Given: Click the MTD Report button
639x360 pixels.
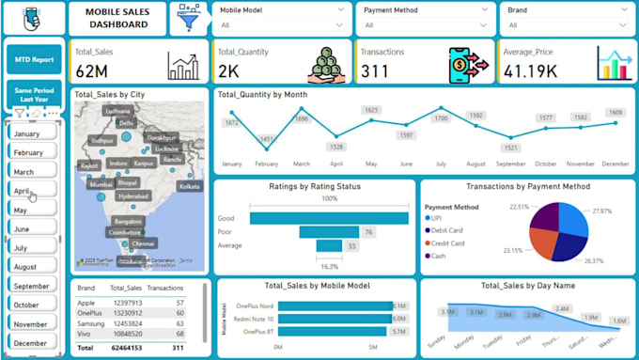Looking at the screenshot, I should click(34, 59).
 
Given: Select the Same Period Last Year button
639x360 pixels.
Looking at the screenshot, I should click(34, 93).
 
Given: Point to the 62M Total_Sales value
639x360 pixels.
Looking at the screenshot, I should click(92, 70).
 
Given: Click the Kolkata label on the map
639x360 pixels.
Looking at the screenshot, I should click(190, 186).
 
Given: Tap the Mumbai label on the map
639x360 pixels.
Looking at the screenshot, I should click(101, 185).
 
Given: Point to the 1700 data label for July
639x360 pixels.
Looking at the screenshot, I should click(441, 119).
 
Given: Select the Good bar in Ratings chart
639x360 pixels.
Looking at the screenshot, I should click(329, 218).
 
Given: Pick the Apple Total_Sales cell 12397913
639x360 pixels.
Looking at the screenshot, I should click(126, 303).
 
